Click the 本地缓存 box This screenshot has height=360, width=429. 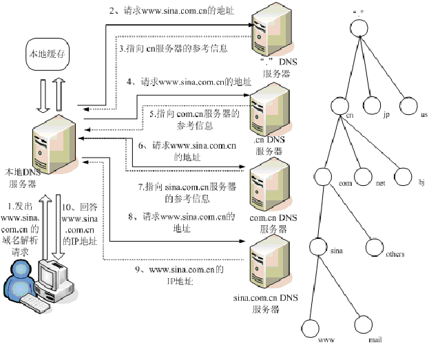pos(48,53)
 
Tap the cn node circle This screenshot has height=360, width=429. pos(342,105)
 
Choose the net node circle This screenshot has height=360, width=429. pos(365,176)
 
